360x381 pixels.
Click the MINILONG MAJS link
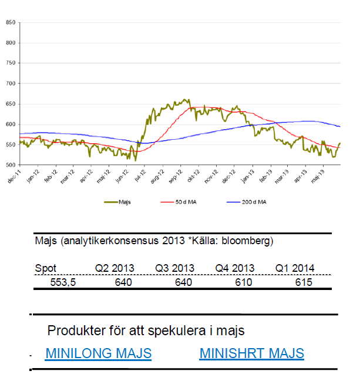[x=98, y=353]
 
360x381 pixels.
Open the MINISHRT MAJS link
[x=251, y=353]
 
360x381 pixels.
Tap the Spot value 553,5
[x=56, y=282]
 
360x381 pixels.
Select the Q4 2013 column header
[x=235, y=268]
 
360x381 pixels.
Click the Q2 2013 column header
[x=115, y=268]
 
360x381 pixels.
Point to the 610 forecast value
[x=243, y=282]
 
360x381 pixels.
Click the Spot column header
[x=46, y=268]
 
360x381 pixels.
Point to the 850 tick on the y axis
[x=11, y=22]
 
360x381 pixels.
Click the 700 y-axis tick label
[x=11, y=83]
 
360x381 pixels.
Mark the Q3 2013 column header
[x=175, y=268]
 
